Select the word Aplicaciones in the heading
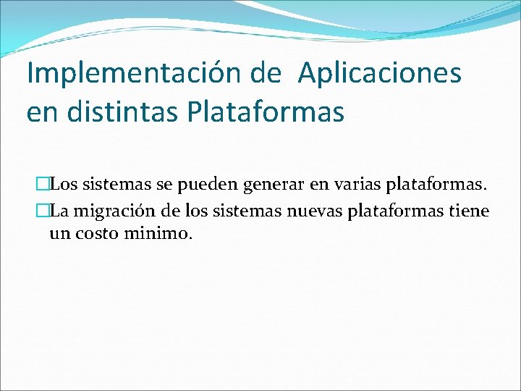[378, 75]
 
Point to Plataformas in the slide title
[266, 113]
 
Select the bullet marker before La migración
[42, 211]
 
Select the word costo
[99, 234]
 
